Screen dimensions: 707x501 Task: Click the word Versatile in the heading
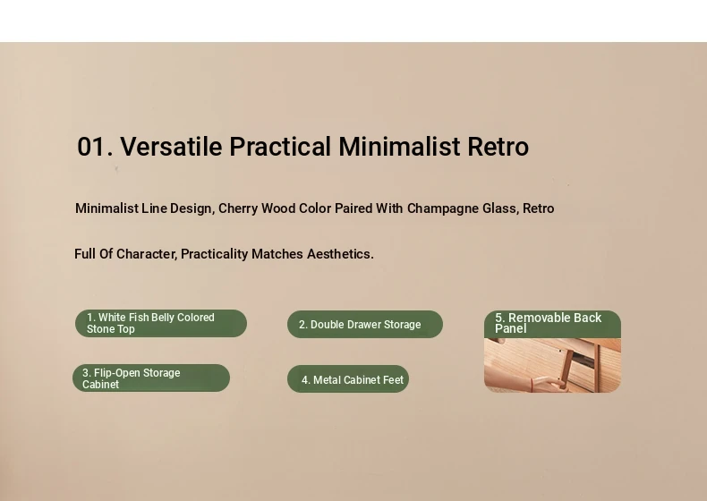171,147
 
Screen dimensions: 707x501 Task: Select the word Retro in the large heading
498,147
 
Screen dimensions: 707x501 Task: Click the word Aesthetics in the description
340,254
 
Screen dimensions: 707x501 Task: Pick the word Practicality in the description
214,254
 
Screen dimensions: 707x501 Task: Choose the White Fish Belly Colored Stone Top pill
161,323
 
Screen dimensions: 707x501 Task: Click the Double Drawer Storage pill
365,324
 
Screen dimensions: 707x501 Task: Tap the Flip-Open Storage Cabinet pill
151,378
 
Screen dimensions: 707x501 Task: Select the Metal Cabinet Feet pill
348,379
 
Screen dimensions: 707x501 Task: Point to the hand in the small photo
551,385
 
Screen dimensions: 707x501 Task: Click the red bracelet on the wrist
532,385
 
